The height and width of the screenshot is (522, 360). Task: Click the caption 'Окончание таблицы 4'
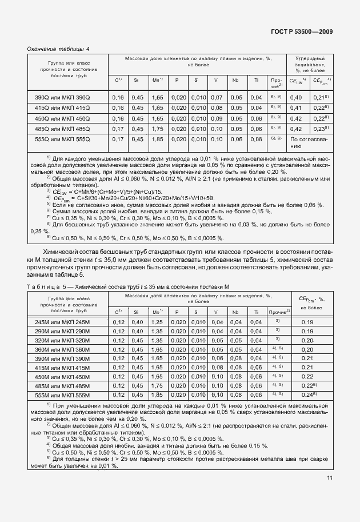tap(59, 49)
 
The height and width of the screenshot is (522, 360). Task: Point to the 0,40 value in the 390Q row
tap(296, 98)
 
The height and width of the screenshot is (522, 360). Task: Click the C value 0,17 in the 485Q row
tap(118, 129)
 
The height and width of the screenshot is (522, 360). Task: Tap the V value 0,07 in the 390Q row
tap(216, 98)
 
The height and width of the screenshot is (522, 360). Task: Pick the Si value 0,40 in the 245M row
tap(137, 322)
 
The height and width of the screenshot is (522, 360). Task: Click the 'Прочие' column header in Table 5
tap(279, 312)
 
